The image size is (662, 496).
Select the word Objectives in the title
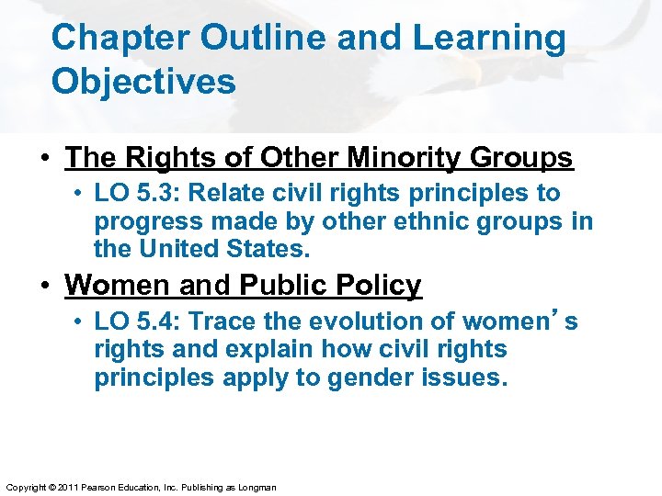[x=143, y=82]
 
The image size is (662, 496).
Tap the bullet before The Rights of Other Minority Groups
[x=45, y=159]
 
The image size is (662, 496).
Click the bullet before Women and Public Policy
[x=45, y=286]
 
